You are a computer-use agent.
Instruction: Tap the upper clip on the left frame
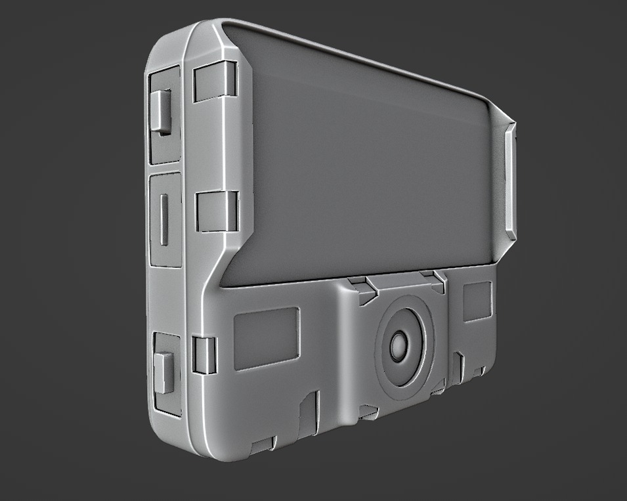tap(215, 81)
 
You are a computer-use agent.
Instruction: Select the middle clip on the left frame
tap(217, 211)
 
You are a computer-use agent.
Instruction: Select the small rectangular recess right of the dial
tap(477, 302)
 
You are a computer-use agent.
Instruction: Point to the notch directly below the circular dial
tap(369, 412)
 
